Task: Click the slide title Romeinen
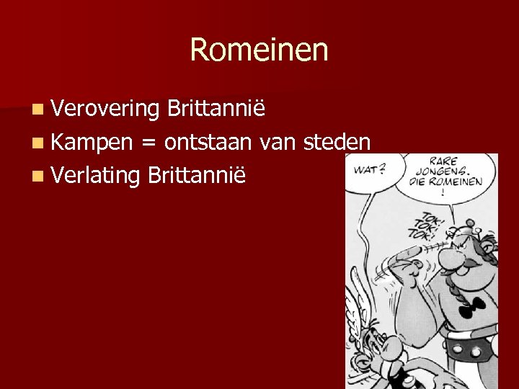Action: [x=259, y=50]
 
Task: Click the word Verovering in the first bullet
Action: [x=105, y=109]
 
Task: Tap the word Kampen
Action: [x=92, y=142]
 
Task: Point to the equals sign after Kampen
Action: [x=148, y=143]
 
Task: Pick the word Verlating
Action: [x=95, y=175]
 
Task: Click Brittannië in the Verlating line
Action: [x=196, y=175]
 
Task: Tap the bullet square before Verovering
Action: [x=37, y=109]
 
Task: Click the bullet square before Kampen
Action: [x=37, y=143]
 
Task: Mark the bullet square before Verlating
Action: [x=37, y=176]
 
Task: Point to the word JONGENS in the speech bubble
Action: [x=440, y=172]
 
